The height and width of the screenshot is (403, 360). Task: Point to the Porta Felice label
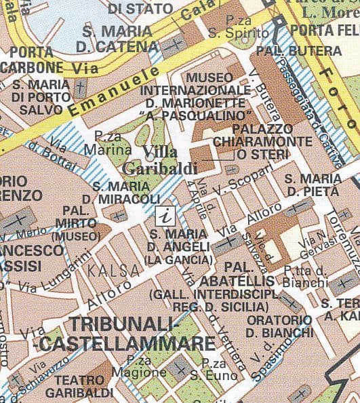pos(324,31)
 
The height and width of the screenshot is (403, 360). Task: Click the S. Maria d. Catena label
pos(117,39)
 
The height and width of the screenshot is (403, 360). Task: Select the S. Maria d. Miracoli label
pos(126,191)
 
